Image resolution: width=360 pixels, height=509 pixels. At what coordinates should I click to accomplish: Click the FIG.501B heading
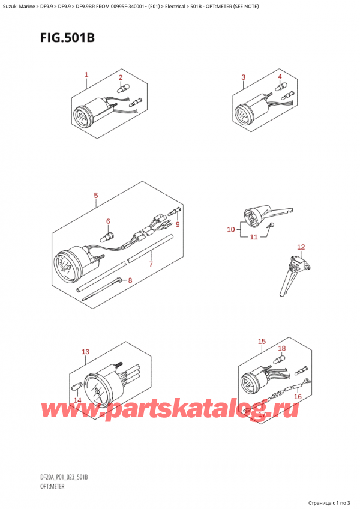(68, 38)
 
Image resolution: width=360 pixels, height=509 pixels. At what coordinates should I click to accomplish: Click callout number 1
(86, 74)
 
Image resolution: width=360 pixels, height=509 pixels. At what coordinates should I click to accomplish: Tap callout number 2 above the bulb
(121, 77)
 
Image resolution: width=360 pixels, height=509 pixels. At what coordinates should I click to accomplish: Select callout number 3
(243, 77)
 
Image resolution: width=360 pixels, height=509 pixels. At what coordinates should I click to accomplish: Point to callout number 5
(96, 196)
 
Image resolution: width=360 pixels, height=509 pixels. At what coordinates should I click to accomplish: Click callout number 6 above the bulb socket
(108, 221)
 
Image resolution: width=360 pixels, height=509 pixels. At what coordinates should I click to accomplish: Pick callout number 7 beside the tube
(151, 264)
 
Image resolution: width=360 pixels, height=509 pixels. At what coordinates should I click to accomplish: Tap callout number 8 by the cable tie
(130, 280)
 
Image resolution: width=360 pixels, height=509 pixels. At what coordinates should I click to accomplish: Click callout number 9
(177, 224)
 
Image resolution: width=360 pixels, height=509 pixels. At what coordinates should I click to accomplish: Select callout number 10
(231, 230)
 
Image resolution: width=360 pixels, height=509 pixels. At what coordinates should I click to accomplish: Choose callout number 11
(254, 237)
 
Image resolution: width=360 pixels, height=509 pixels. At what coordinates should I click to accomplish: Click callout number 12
(301, 247)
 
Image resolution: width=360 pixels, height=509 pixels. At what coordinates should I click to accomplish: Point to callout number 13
(85, 352)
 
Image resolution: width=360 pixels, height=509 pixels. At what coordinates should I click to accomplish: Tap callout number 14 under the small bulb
(77, 400)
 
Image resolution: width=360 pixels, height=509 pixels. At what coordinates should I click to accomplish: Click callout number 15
(262, 341)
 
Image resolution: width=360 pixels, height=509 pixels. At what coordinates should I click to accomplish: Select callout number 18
(282, 348)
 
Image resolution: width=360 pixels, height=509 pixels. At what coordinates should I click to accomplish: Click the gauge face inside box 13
(97, 392)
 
